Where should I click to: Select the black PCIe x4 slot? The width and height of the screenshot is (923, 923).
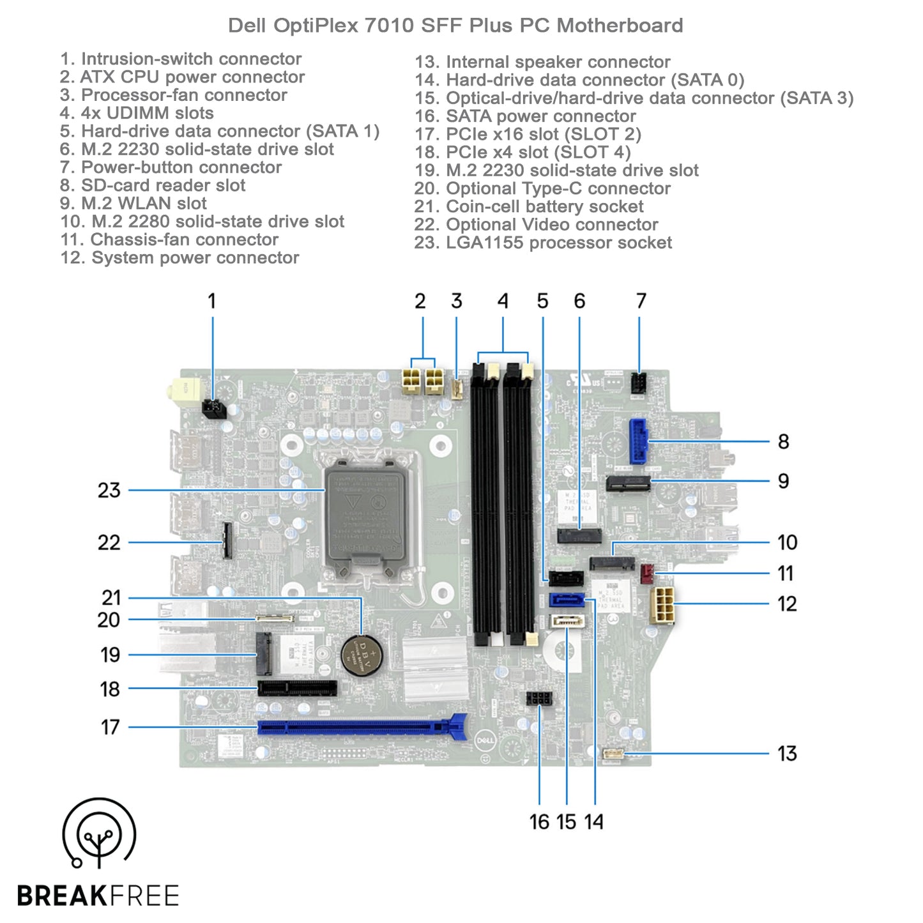point(298,689)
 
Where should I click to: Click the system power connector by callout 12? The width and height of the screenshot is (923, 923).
point(662,604)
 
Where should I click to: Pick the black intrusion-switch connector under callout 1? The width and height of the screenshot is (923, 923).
point(214,408)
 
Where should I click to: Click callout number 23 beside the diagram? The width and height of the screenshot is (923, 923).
point(109,491)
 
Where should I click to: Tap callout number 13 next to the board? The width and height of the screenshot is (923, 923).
point(787,754)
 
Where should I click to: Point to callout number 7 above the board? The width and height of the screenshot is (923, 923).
point(641,301)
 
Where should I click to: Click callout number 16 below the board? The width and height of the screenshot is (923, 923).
point(539,821)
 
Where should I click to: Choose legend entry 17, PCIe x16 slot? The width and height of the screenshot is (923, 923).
point(528,134)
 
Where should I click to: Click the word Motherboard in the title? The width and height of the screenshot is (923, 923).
point(620,26)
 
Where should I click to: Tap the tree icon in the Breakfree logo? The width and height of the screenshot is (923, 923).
point(99,834)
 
